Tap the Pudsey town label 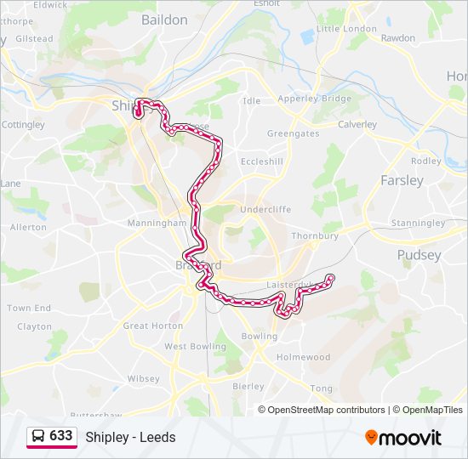(419, 254)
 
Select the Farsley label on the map (402, 180)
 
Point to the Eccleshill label (261, 161)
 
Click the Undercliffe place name (265, 209)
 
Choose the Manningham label (157, 223)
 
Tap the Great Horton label (153, 326)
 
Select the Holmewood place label (303, 357)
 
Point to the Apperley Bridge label (314, 99)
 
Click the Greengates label (293, 133)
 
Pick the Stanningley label (417, 223)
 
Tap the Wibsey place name (142, 378)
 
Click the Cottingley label (23, 124)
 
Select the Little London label (346, 28)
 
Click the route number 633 (60, 435)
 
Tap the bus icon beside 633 (38, 436)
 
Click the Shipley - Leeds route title (130, 437)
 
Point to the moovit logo (403, 438)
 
